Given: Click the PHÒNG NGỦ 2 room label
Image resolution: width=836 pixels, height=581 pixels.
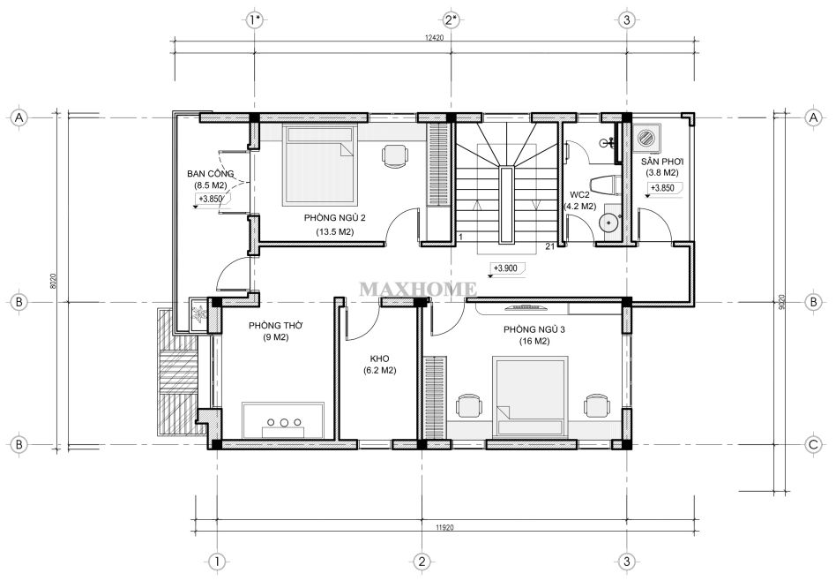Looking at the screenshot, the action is (x=335, y=218).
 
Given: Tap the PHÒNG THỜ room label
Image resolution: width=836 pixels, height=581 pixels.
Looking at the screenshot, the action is (x=276, y=325).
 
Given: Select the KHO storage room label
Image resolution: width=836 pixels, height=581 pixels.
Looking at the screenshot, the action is (x=379, y=358).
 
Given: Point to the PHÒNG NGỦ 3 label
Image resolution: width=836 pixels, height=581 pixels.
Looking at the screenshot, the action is (x=534, y=329).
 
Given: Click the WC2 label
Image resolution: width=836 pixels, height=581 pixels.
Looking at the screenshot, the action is (x=580, y=194).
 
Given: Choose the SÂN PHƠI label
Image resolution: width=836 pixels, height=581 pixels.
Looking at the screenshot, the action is (x=662, y=162).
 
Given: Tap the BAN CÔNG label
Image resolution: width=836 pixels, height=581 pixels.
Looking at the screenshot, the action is (x=210, y=174).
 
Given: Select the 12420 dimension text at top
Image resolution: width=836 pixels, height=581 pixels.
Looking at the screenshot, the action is (x=435, y=37).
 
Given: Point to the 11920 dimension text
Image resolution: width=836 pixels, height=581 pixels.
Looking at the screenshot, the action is (x=444, y=528).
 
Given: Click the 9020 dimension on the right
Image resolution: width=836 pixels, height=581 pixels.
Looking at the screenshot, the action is (x=781, y=302).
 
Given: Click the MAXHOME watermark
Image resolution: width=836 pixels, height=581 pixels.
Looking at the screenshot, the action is (x=418, y=289).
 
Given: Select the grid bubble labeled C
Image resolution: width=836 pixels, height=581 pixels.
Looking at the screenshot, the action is (x=814, y=444).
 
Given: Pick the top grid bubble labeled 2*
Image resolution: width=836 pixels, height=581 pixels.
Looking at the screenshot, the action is (x=451, y=20).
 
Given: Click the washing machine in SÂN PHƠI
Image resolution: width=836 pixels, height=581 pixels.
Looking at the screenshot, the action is (x=646, y=137).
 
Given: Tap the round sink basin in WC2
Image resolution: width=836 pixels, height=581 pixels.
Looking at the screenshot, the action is (x=608, y=221).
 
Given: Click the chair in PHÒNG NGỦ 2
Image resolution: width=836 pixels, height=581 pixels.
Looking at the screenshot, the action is (x=395, y=156).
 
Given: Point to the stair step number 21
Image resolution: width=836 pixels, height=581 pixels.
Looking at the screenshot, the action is (x=550, y=245).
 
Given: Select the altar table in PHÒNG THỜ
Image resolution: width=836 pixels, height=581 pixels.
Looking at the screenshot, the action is (x=283, y=421).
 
